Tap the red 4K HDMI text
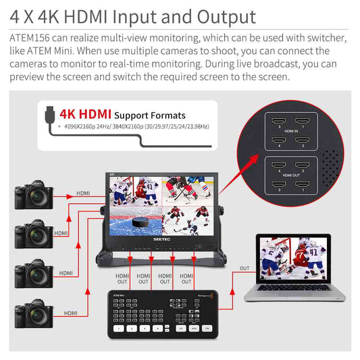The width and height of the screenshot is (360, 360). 84,114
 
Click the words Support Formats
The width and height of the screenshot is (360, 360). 150,115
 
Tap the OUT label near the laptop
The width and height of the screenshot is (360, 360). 245,268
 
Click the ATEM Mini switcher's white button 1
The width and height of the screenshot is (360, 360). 119,328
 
